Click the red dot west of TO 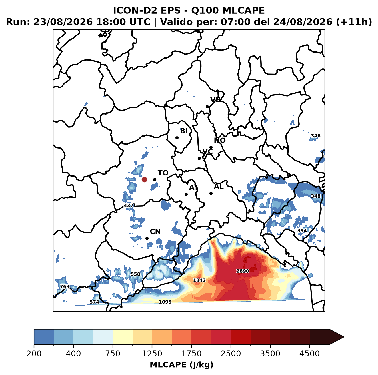(x=144, y=179)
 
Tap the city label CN (x=155, y=232)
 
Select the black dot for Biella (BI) (x=177, y=138)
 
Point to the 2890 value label (x=243, y=271)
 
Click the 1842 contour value (x=199, y=280)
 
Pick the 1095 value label (x=165, y=302)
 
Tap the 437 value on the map (x=129, y=206)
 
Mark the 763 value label (x=65, y=286)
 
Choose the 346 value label (x=316, y=136)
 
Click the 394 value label (x=302, y=230)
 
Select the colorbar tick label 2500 (x=231, y=353)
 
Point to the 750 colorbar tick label (x=113, y=353)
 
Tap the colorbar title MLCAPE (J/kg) (x=181, y=365)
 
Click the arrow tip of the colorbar (x=344, y=337)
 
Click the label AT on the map (x=194, y=187)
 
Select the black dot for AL (x=211, y=193)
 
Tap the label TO (x=163, y=173)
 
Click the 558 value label (x=135, y=274)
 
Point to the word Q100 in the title (x=205, y=10)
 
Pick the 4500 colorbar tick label (x=309, y=353)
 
